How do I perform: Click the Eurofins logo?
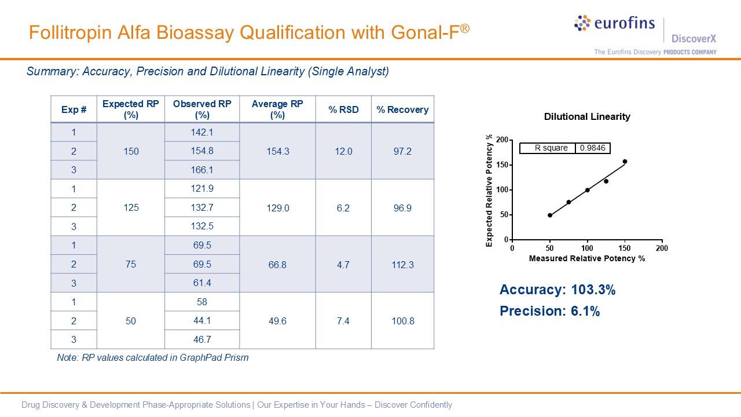pos(614,24)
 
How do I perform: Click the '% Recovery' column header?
pos(402,109)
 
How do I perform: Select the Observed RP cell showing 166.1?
pos(202,170)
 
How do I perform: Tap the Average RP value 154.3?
pos(278,151)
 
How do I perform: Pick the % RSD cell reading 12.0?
pos(343,151)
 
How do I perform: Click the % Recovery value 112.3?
pos(402,265)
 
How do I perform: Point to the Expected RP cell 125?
pos(131,207)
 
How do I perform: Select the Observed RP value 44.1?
pos(202,321)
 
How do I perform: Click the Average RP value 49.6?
pos(278,321)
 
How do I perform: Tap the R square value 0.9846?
pos(592,148)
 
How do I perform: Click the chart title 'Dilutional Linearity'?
pos(587,117)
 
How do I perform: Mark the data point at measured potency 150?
pos(625,162)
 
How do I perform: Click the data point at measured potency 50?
pos(550,215)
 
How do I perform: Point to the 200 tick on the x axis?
pos(662,248)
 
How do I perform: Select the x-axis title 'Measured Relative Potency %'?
pos(587,258)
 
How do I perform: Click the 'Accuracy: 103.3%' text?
pos(557,290)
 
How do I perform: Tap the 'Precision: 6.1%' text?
pos(549,311)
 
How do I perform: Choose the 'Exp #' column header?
pos(74,109)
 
